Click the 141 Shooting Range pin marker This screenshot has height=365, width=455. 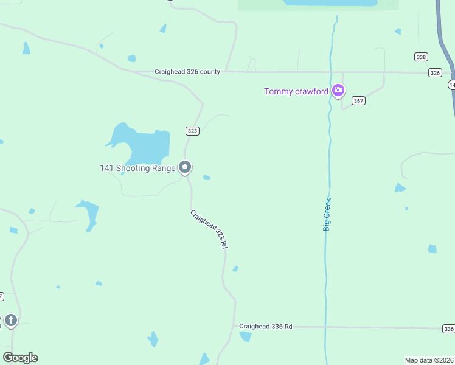tap(186, 167)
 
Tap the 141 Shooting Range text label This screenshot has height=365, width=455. tap(137, 168)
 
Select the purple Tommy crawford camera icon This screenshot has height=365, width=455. tap(338, 91)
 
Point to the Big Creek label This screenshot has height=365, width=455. tap(327, 214)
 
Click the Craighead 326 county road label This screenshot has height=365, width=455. tap(187, 72)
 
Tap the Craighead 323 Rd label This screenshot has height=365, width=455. tap(209, 229)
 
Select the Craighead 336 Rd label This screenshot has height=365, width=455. tap(265, 327)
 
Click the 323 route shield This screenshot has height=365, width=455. tap(192, 131)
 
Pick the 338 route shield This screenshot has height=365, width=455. tap(421, 57)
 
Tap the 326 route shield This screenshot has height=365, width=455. tap(434, 72)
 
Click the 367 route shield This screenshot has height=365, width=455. tap(359, 101)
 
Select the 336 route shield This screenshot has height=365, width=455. tap(448, 329)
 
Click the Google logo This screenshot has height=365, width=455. tap(20, 358)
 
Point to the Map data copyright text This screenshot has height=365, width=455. tap(429, 360)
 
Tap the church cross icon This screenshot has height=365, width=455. tap(10, 320)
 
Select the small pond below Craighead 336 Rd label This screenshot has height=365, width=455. tap(246, 336)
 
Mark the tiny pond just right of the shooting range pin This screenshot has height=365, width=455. tap(207, 178)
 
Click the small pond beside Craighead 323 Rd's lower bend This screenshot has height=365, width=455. tap(235, 268)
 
